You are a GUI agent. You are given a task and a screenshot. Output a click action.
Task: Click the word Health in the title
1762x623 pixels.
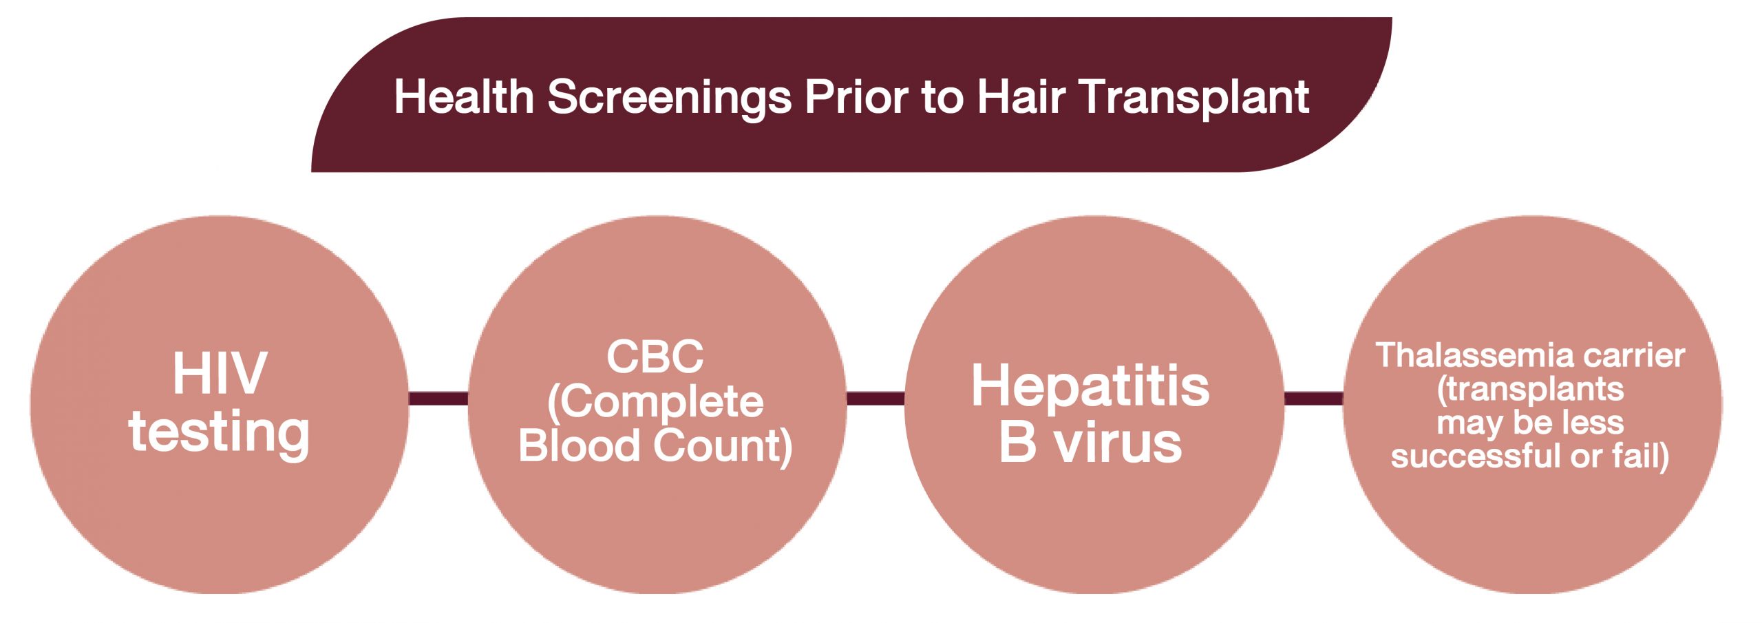tap(464, 96)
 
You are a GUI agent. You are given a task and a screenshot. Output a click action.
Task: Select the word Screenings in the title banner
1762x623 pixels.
tap(669, 98)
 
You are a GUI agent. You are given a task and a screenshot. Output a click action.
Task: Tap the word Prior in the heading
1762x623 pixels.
tap(856, 96)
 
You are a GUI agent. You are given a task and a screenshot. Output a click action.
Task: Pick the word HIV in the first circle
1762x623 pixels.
tap(220, 373)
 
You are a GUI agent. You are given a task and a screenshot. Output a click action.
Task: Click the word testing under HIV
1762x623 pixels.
tap(219, 434)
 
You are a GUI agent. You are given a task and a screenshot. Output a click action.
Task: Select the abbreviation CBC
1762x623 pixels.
tap(655, 356)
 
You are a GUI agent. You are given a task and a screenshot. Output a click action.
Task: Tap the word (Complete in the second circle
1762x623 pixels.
tap(655, 402)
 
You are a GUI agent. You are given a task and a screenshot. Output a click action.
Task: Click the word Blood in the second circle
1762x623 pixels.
tap(580, 445)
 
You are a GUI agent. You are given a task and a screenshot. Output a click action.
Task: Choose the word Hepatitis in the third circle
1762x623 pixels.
tap(1090, 387)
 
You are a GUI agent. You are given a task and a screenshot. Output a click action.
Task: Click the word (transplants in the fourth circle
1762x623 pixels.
tap(1531, 390)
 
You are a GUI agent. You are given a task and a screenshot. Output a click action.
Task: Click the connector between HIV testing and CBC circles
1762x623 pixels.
tap(438, 399)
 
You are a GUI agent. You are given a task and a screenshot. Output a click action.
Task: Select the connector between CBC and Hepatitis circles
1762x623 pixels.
tap(875, 399)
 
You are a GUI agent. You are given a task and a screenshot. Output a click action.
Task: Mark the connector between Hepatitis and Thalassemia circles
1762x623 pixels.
tap(1314, 399)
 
